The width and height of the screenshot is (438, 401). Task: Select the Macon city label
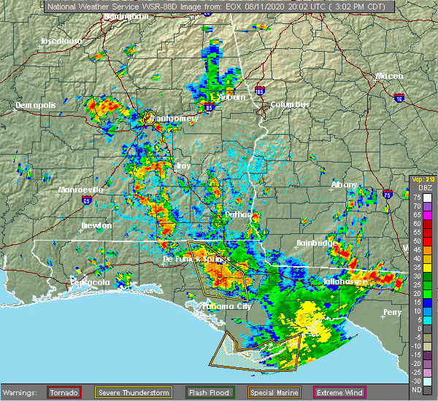coord(389,77)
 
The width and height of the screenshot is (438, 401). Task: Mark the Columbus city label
coord(290,104)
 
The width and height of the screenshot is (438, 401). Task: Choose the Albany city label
coord(345,185)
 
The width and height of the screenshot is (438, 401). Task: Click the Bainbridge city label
coord(316,243)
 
